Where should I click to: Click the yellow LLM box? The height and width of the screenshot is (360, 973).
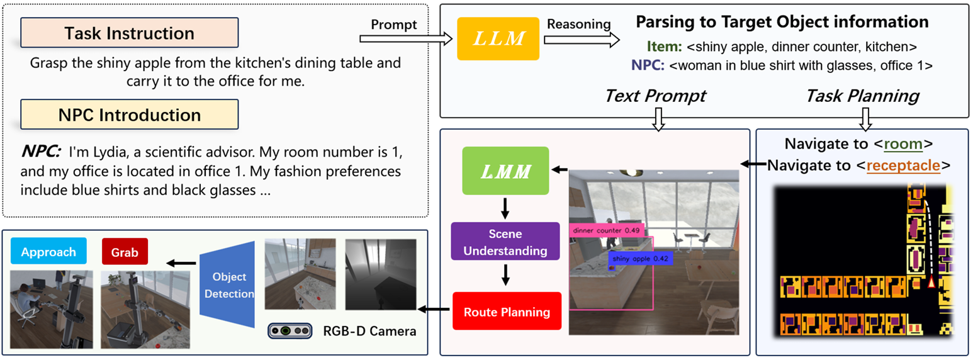(498, 38)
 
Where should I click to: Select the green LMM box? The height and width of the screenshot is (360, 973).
(505, 170)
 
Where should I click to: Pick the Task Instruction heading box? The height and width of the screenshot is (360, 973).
(129, 33)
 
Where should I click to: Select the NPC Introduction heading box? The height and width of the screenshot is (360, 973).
(129, 115)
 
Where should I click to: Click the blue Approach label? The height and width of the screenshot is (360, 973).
(48, 252)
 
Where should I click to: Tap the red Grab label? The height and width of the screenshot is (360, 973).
(124, 252)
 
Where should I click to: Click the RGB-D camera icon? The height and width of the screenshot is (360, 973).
(290, 330)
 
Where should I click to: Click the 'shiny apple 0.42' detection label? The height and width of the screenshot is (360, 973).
(641, 259)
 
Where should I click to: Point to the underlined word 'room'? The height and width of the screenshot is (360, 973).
(903, 144)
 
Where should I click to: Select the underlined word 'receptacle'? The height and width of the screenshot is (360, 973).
(903, 166)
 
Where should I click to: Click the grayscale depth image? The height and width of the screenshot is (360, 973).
(381, 274)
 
